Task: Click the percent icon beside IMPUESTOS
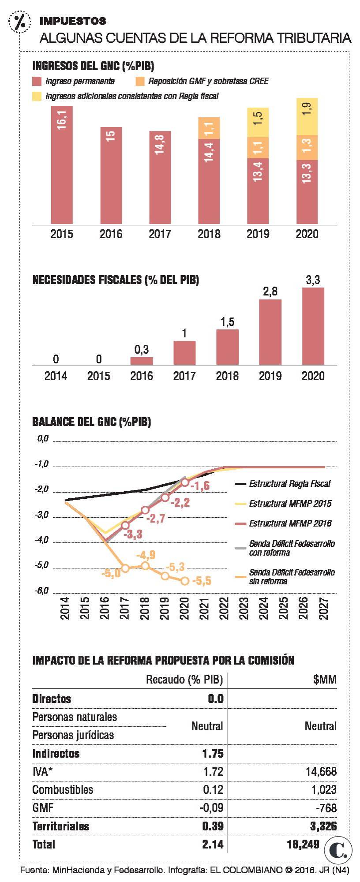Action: click(x=19, y=21)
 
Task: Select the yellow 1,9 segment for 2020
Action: click(x=307, y=116)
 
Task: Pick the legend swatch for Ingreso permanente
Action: click(x=37, y=81)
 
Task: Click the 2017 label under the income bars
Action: click(x=160, y=234)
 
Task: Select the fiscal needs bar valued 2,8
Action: click(x=270, y=332)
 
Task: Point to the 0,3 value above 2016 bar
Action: click(x=141, y=350)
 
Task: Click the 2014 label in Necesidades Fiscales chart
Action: click(x=56, y=376)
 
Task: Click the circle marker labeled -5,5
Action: click(x=185, y=581)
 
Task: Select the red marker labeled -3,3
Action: click(x=125, y=525)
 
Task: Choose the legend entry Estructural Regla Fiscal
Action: click(x=289, y=484)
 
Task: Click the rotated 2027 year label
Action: click(x=324, y=608)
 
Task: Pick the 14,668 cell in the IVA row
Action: click(x=321, y=771)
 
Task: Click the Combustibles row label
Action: click(x=63, y=789)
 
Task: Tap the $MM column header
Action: click(x=325, y=680)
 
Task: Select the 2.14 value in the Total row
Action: click(x=213, y=844)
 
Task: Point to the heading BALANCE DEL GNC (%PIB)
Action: click(x=92, y=422)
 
